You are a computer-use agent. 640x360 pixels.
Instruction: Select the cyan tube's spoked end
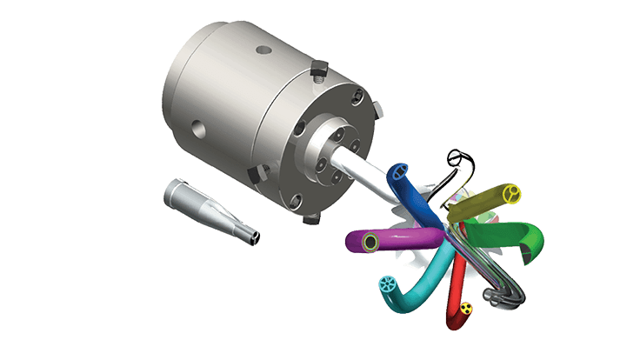click(388, 283)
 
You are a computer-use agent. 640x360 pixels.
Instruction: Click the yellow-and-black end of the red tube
click(467, 308)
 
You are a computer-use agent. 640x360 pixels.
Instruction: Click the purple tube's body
click(409, 239)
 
